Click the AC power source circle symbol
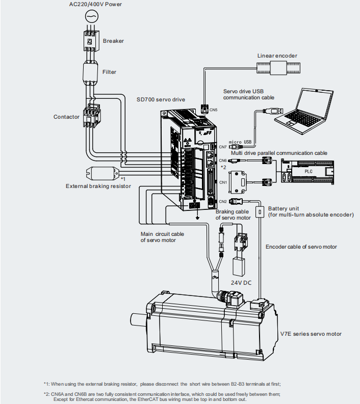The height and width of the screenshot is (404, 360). tap(92, 16)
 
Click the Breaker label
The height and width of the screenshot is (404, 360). tap(113, 41)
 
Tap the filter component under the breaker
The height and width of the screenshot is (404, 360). tap(91, 72)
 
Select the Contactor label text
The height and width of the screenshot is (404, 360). tap(66, 117)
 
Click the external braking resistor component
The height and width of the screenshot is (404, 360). tap(102, 173)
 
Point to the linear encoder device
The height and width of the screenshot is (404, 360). tap(278, 68)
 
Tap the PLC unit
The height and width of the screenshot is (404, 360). tap(307, 172)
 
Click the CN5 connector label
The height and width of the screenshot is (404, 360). tap(213, 110)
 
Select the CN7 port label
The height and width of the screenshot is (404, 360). tap(223, 147)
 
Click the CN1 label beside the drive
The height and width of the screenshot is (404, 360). tap(223, 182)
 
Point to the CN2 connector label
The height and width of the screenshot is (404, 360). tap(223, 201)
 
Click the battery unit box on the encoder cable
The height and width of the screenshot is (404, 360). tap(260, 212)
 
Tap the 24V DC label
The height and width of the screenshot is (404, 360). tap(241, 283)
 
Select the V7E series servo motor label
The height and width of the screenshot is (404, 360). tap(311, 334)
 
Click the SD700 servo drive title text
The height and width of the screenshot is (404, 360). tap(161, 99)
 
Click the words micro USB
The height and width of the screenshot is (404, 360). tap(240, 142)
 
